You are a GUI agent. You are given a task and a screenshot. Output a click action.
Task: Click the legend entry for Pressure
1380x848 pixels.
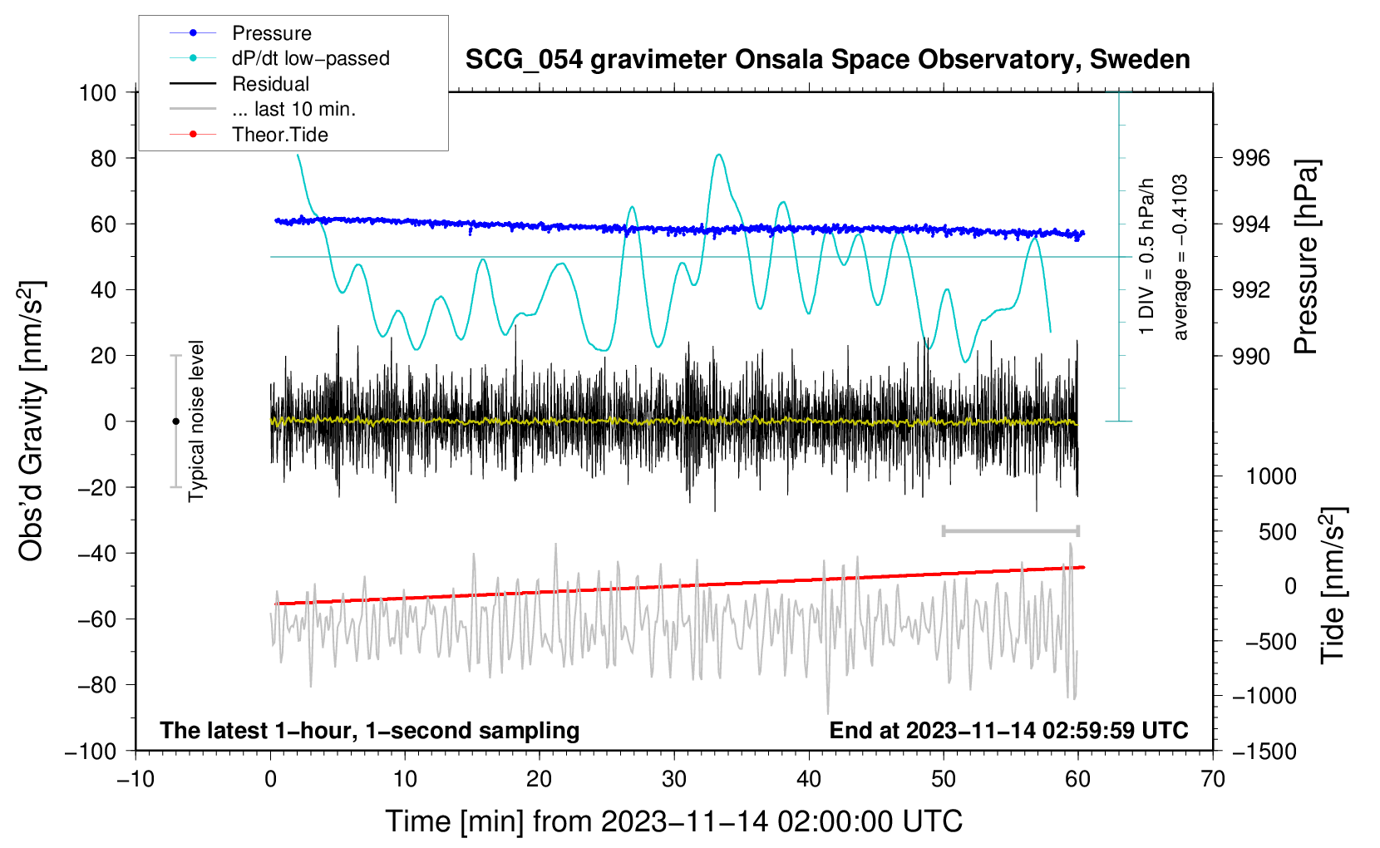[x=241, y=32]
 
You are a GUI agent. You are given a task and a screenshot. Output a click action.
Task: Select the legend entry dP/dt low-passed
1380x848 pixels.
[x=279, y=58]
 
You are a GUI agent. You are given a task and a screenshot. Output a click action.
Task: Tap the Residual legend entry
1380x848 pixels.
[x=239, y=84]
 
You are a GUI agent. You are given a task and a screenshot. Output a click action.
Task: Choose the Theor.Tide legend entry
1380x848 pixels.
[x=249, y=135]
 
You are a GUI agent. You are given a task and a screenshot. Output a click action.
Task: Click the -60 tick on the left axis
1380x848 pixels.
[x=96, y=619]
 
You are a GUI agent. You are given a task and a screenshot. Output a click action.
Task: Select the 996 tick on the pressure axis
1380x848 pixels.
[x=1250, y=159]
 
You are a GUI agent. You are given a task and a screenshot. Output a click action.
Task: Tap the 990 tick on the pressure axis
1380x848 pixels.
[x=1250, y=356]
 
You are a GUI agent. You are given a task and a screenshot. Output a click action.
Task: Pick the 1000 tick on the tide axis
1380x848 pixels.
[x=1272, y=476]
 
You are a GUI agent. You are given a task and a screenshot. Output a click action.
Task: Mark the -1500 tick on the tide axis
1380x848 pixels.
[x=1264, y=752]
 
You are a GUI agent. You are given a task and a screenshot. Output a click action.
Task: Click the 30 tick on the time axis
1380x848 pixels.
[x=674, y=779]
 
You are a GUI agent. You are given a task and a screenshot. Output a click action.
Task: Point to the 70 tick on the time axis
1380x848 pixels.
[x=1212, y=779]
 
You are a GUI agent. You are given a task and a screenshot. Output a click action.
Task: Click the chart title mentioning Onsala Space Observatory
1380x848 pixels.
[x=827, y=60]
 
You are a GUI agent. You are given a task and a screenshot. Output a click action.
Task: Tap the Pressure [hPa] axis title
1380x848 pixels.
[x=1305, y=257]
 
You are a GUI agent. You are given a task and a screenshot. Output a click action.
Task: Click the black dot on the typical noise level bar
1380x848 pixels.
[x=175, y=422]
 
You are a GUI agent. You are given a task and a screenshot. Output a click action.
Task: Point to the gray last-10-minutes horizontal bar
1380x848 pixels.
[x=1011, y=531]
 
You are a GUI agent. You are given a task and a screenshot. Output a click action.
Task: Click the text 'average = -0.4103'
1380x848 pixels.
[x=1180, y=257]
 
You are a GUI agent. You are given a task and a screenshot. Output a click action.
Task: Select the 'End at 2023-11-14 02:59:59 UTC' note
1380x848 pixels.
[x=1008, y=730]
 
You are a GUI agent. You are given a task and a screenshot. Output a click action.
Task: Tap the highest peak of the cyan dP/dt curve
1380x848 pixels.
[x=718, y=154]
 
